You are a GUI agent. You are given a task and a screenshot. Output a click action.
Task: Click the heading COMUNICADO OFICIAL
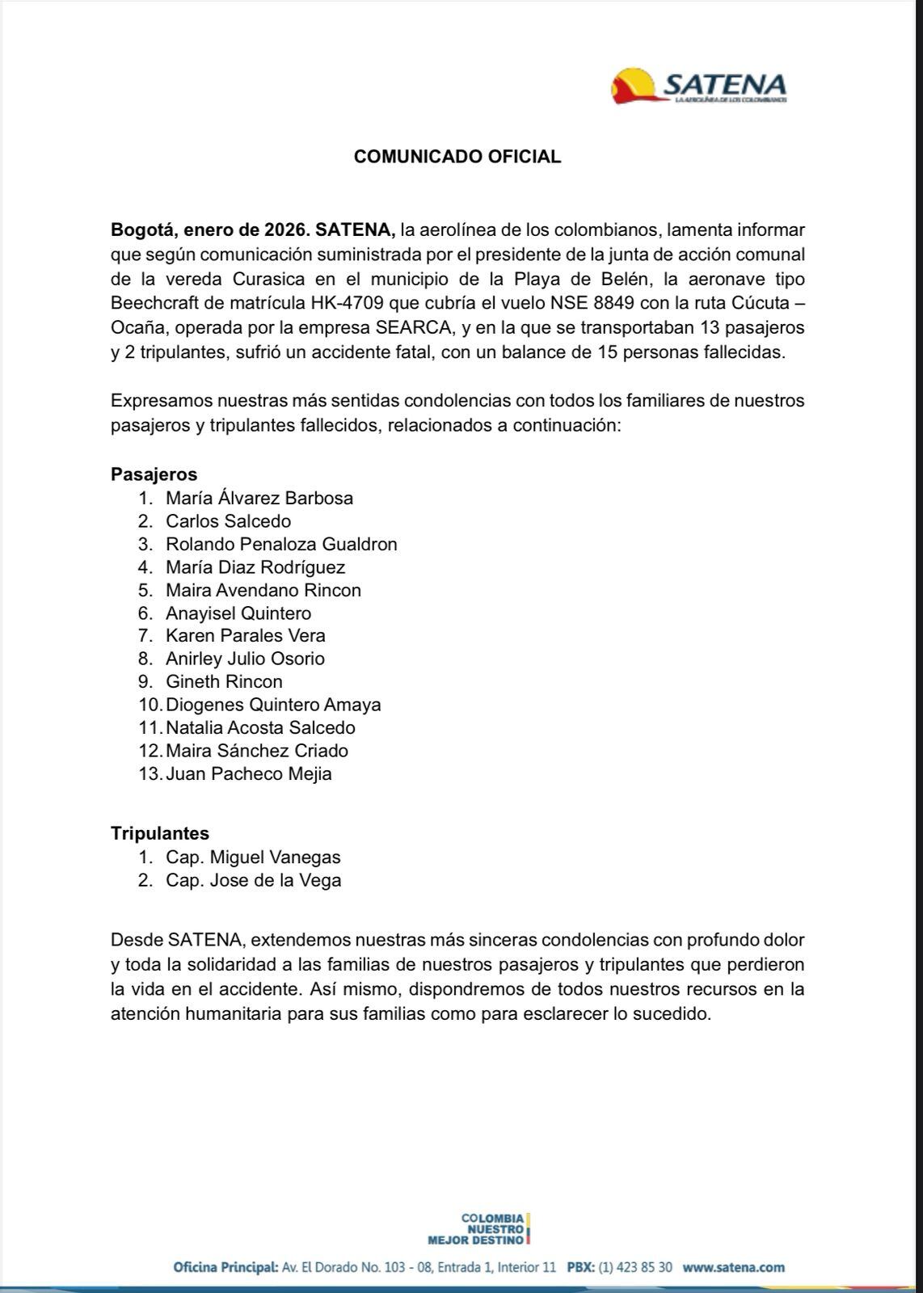[x=457, y=157]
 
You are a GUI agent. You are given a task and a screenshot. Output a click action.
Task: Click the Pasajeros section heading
[x=154, y=474]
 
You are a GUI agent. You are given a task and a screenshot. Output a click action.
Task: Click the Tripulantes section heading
[x=160, y=833]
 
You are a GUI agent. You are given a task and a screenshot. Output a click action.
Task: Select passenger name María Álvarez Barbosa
[x=259, y=498]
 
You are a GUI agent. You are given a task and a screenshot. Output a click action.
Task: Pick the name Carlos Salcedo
[x=228, y=521]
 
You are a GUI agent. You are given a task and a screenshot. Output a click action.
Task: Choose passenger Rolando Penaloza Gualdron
[x=281, y=544]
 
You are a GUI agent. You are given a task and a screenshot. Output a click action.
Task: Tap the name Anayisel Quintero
[x=238, y=613]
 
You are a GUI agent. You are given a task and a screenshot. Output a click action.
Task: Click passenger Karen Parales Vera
[x=246, y=635]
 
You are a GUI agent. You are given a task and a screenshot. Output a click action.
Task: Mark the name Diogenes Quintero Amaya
[x=273, y=705]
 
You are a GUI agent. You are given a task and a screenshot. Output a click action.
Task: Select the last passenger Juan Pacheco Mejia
[x=249, y=773]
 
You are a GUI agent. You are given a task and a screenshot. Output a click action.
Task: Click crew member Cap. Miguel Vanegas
[x=253, y=857]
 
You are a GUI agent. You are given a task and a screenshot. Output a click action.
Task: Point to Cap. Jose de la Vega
[x=253, y=880]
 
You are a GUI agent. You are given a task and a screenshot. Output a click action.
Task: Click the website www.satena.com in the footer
[x=733, y=1267]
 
